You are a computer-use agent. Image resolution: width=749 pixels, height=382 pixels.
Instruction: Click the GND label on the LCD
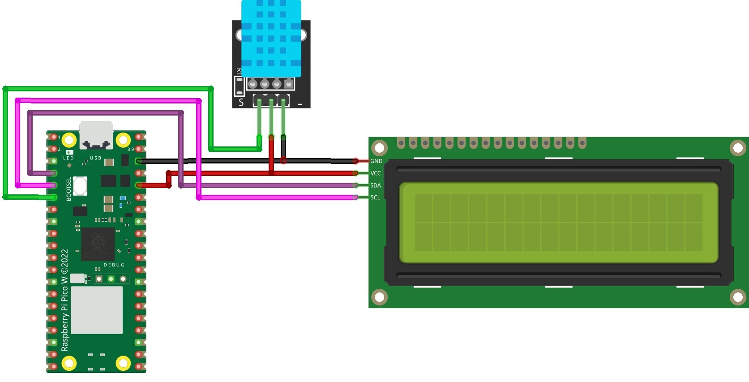(x=376, y=161)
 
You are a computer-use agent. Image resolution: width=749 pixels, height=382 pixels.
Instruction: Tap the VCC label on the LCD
(x=376, y=173)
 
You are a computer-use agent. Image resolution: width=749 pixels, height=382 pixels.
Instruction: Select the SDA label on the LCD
(x=376, y=185)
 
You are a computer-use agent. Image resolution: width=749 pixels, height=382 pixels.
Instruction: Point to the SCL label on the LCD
(x=375, y=197)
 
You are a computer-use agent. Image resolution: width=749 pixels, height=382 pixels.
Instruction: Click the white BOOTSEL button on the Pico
(x=80, y=186)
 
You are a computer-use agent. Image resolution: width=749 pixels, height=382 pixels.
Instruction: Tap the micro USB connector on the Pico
(x=96, y=134)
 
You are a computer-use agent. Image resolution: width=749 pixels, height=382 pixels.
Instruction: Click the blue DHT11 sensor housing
(x=271, y=38)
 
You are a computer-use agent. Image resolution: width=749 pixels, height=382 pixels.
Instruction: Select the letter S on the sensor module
(x=241, y=103)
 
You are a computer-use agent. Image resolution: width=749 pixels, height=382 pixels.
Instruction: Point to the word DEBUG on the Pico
(x=114, y=265)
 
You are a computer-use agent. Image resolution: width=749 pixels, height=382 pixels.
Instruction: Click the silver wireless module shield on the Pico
(x=97, y=310)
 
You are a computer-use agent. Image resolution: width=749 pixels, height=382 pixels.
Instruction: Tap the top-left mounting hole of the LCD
(x=380, y=147)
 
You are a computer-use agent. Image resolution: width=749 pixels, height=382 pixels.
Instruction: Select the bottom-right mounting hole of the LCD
(x=738, y=296)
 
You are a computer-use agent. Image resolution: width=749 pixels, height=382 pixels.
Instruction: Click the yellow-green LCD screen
(x=558, y=222)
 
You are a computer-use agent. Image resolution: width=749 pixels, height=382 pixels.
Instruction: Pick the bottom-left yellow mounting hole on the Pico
(x=69, y=362)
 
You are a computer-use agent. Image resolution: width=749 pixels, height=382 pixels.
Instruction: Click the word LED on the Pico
(x=68, y=158)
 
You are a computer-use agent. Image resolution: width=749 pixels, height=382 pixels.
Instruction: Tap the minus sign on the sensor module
(x=300, y=104)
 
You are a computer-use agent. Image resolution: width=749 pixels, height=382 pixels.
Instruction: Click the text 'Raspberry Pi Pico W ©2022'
(x=65, y=300)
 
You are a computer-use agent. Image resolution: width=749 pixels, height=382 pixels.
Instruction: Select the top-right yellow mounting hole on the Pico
(x=123, y=140)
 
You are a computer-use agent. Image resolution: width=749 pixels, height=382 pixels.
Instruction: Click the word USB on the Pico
(x=96, y=158)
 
